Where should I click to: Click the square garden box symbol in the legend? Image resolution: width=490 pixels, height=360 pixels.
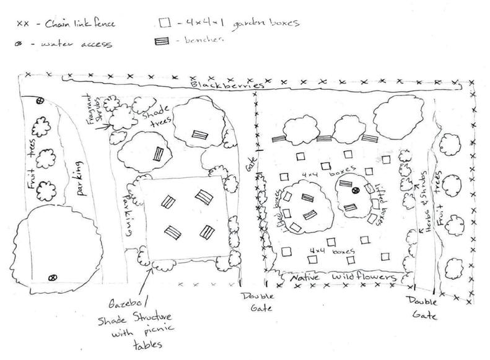tap(164, 23)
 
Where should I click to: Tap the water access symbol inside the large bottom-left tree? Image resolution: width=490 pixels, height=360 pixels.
tap(52, 276)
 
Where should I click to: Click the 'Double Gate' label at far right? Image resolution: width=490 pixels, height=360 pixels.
tap(423, 307)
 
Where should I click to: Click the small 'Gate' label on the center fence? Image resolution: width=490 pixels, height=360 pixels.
tap(252, 165)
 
